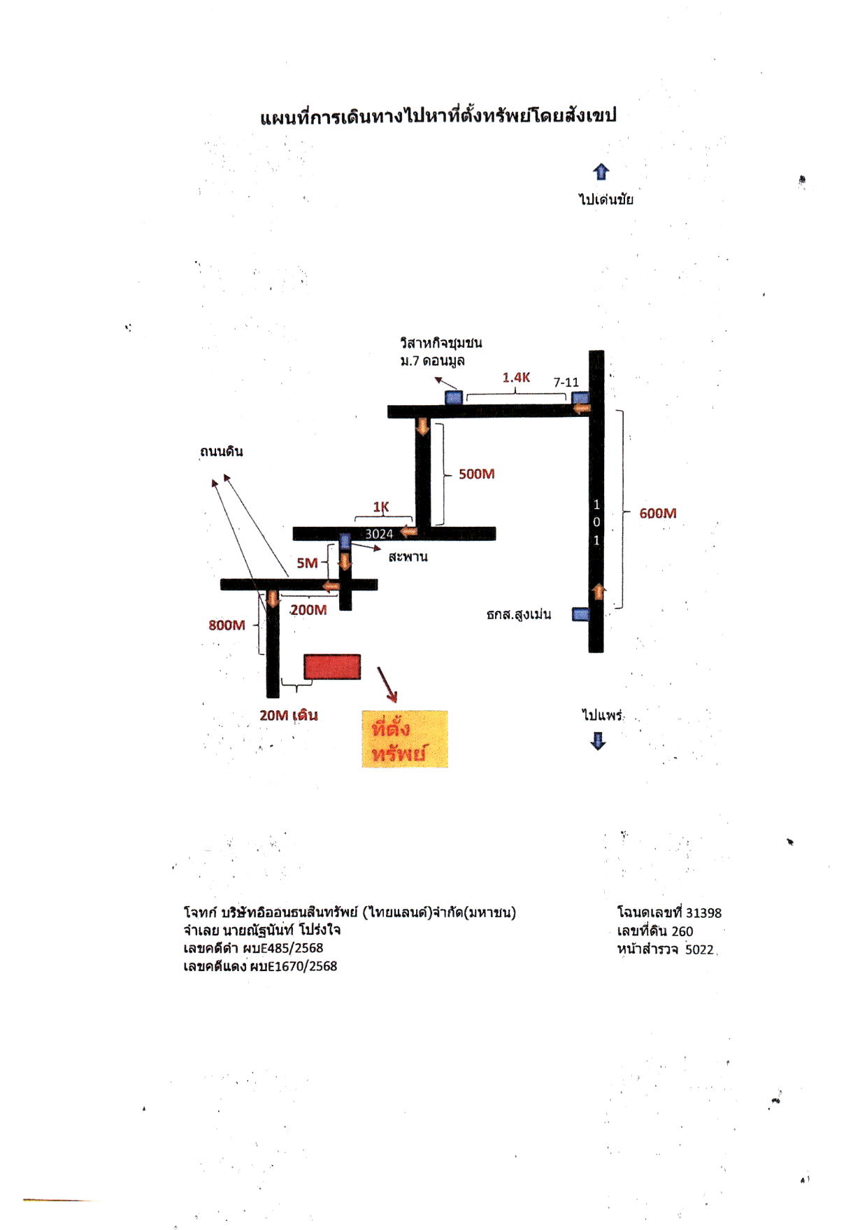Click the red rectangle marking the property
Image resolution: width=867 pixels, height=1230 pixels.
[332, 667]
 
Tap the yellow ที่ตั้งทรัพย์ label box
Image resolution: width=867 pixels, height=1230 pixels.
[405, 740]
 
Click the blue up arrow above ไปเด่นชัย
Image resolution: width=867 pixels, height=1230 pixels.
[601, 172]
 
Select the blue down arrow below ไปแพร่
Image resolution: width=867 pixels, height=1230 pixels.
[598, 741]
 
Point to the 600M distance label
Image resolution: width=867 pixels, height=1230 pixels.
[658, 513]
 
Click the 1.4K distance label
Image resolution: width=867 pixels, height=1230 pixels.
[517, 378]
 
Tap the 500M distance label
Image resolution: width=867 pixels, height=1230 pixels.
[477, 474]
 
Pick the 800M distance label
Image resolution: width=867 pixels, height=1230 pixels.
[227, 625]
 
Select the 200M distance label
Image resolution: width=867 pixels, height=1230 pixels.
[308, 610]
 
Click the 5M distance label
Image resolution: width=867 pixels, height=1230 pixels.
[307, 563]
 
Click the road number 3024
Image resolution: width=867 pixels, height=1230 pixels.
[379, 534]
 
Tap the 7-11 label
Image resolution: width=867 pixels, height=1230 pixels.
[566, 382]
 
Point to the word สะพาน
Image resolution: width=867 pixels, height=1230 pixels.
[408, 557]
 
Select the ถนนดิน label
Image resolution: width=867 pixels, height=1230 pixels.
[221, 451]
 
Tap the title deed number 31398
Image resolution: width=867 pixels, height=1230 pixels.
[703, 912]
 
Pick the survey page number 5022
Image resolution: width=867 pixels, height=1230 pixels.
[699, 949]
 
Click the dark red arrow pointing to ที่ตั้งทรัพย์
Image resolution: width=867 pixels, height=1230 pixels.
[387, 684]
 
